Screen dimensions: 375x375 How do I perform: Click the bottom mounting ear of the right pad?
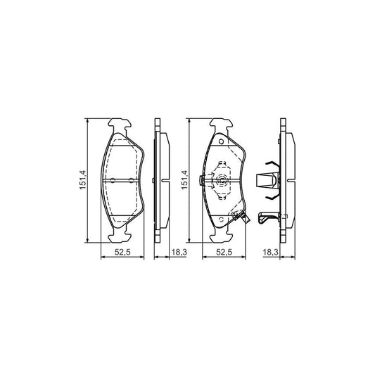[223, 235]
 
